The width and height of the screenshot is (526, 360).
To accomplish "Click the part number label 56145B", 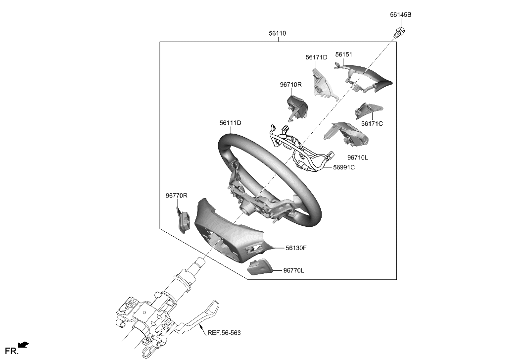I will point(400,15).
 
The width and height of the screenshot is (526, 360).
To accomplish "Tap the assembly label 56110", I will point(277,33).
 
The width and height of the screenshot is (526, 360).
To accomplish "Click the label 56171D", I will point(316,57).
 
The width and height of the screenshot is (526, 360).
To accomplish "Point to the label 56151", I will point(343,54).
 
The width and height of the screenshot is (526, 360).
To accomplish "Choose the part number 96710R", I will point(290,85).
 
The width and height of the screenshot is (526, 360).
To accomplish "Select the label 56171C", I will point(372,124).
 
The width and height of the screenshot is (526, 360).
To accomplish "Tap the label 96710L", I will point(357,157).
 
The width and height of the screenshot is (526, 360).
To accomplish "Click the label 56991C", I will point(343,167).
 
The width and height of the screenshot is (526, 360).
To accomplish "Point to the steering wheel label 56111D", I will point(230,123).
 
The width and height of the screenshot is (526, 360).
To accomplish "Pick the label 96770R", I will point(176,196).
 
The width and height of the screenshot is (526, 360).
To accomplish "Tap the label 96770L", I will point(293,271).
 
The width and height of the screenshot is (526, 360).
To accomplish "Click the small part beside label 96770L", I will point(259,267).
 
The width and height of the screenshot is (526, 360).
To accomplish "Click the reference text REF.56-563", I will point(224,333).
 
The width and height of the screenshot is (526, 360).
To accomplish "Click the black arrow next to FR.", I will point(23,345).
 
